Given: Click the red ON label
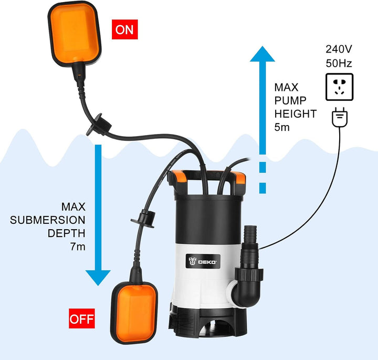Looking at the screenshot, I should click(124, 29).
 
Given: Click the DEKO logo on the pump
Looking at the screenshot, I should click(204, 260).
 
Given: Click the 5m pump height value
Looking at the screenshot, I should click(283, 127).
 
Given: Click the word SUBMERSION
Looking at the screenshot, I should click(48, 219).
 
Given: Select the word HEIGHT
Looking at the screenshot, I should click(296, 114).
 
